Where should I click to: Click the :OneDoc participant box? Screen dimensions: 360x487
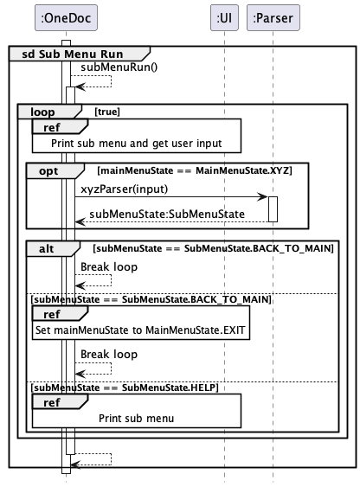click(x=66, y=17)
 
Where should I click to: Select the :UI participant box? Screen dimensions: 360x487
click(x=224, y=17)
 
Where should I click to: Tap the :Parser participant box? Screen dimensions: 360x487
click(x=273, y=17)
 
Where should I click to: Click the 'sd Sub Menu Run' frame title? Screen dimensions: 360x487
click(x=73, y=54)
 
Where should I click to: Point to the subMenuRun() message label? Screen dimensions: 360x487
click(x=119, y=67)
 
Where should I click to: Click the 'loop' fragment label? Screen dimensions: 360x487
click(x=42, y=112)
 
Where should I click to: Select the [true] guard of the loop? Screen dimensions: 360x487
click(x=107, y=112)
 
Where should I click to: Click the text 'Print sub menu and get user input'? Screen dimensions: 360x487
click(x=137, y=144)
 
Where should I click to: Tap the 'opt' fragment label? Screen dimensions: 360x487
click(x=48, y=171)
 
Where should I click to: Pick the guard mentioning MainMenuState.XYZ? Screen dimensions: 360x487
click(x=195, y=170)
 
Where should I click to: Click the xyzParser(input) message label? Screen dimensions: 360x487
click(x=125, y=189)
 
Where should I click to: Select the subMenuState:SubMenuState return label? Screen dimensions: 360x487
click(x=167, y=214)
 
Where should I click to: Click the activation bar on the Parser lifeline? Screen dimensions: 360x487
click(x=273, y=209)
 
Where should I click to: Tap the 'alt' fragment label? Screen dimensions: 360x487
click(x=46, y=249)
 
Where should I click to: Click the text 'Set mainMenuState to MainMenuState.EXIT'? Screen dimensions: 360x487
click(x=140, y=330)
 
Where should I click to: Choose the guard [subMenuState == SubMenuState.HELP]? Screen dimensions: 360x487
click(x=125, y=388)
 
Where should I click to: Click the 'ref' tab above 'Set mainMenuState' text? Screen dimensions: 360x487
click(x=52, y=314)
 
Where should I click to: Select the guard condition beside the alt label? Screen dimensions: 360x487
click(x=214, y=248)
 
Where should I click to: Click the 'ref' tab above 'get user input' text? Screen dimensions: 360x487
click(x=52, y=127)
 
